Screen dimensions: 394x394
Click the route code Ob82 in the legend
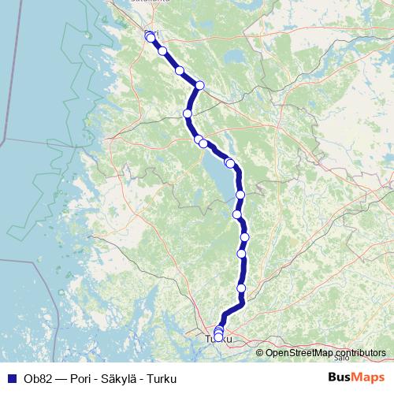click(x=34, y=377)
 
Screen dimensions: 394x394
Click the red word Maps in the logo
click(x=367, y=377)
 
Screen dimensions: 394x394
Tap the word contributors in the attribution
click(x=358, y=352)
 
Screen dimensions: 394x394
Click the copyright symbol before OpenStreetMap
click(x=260, y=352)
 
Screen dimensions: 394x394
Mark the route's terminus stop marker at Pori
click(x=151, y=37)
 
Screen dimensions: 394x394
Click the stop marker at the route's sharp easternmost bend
click(x=200, y=85)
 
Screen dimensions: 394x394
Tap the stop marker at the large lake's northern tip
click(x=229, y=162)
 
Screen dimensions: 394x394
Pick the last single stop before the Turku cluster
click(x=241, y=288)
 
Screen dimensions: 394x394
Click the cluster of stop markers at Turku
click(x=219, y=334)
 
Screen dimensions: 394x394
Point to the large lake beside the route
click(x=221, y=177)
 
